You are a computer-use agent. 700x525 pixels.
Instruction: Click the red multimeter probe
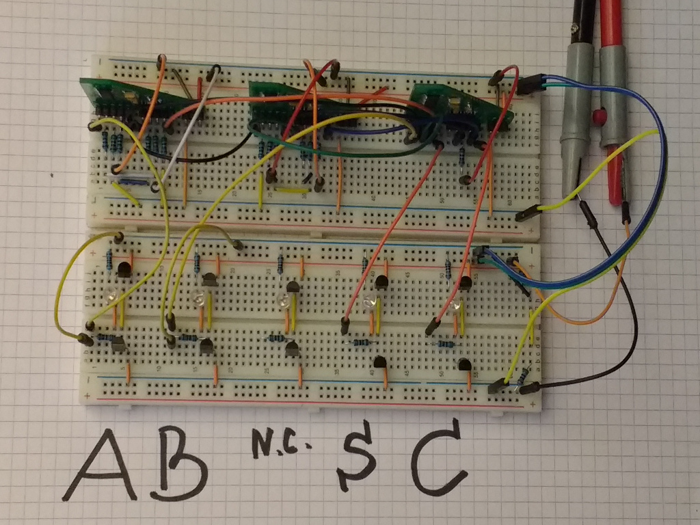612,103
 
